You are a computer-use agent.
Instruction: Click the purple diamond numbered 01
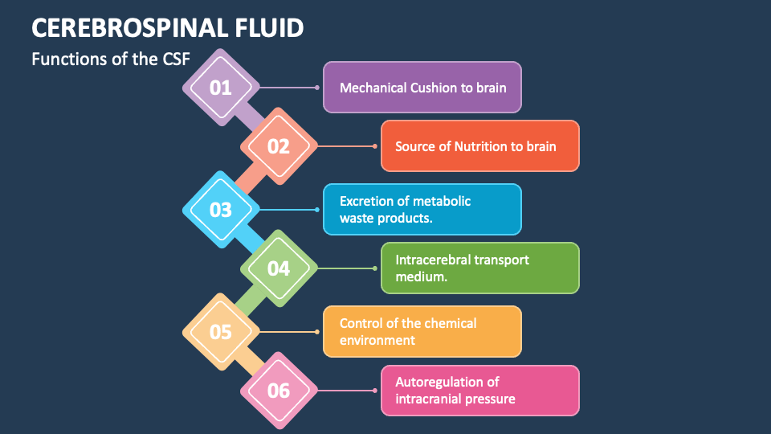(x=221, y=88)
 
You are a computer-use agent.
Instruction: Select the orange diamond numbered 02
(x=279, y=146)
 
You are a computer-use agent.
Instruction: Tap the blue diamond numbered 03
(x=221, y=210)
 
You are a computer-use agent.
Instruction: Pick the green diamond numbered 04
(x=279, y=268)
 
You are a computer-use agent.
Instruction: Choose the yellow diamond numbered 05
(x=221, y=331)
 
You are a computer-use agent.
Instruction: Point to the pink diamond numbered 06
(x=279, y=391)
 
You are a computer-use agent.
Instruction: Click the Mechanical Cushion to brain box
(x=422, y=87)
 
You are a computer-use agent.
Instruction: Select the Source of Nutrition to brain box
(x=479, y=146)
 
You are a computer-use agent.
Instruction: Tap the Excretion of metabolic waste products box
(x=422, y=210)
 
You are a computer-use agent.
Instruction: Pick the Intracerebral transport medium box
(x=479, y=268)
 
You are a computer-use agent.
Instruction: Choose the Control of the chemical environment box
(x=422, y=331)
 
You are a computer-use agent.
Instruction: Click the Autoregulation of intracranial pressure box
(x=479, y=391)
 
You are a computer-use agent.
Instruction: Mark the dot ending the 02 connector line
(x=375, y=146)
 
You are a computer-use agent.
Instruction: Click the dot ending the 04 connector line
(x=375, y=268)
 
